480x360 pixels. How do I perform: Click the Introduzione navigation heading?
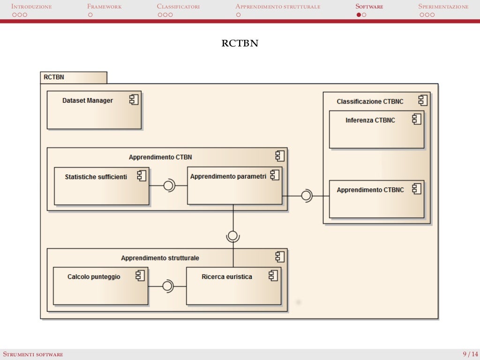click(31, 7)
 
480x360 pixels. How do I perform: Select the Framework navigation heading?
click(104, 7)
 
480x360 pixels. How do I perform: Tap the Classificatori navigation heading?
click(178, 7)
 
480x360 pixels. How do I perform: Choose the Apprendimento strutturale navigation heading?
click(277, 7)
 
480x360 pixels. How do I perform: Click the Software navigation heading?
click(369, 7)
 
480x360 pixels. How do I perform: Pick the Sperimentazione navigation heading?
click(443, 7)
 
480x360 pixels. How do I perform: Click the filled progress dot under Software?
click(359, 15)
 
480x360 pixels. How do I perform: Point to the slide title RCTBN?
click(240, 44)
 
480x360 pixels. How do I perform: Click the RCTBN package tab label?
click(54, 77)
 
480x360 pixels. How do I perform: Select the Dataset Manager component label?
click(88, 100)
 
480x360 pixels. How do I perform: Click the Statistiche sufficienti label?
click(96, 177)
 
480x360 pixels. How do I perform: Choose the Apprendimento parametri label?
click(228, 177)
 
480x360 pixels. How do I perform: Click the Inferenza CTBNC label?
click(370, 120)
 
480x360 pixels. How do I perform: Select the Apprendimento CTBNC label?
click(370, 190)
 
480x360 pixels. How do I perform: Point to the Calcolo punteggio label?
click(94, 277)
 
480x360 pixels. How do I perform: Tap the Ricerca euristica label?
click(227, 277)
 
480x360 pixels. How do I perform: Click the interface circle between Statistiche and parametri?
click(168, 186)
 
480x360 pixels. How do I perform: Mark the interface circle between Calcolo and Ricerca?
click(167, 286)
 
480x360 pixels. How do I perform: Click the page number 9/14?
click(470, 354)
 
